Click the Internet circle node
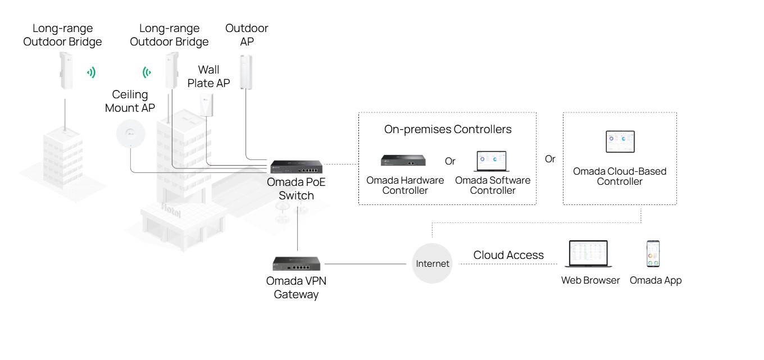click(x=432, y=263)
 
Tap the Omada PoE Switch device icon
click(x=296, y=167)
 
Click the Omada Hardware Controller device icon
click(x=403, y=161)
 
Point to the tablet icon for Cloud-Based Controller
click(x=620, y=142)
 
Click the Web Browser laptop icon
click(x=589, y=254)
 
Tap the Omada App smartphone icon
click(x=653, y=254)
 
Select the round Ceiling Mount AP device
click(x=130, y=135)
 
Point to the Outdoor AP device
click(x=245, y=71)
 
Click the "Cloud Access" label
click(x=508, y=255)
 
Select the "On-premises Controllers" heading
click(x=448, y=129)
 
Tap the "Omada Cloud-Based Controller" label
click(x=620, y=176)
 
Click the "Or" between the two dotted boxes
click(x=550, y=159)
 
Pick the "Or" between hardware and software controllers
click(x=450, y=161)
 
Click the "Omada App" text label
click(x=656, y=280)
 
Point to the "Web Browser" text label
click(x=590, y=280)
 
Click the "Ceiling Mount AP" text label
click(x=130, y=101)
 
